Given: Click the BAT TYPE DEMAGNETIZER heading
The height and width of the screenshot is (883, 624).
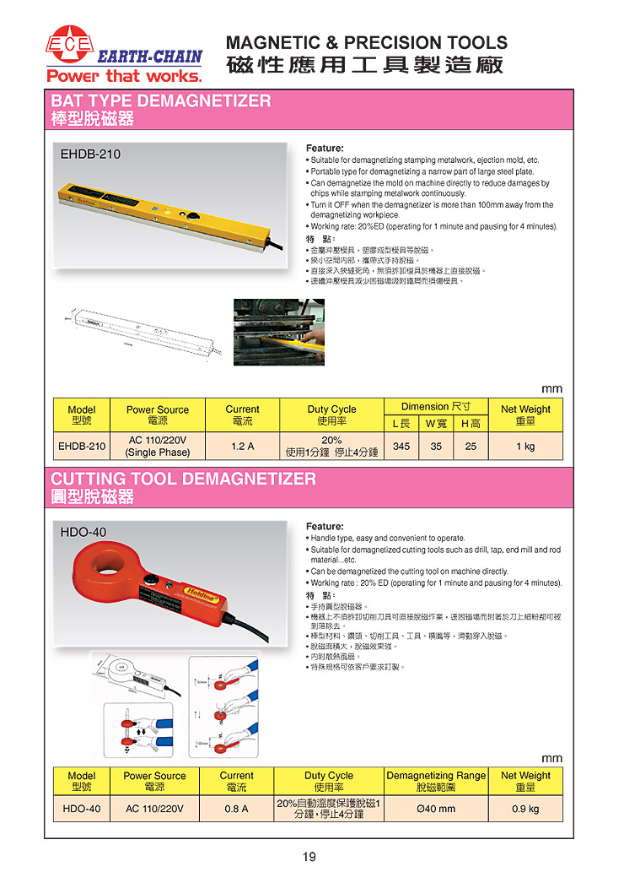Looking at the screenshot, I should coord(161,101).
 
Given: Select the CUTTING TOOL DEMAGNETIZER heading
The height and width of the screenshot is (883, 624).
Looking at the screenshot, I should coord(184,479).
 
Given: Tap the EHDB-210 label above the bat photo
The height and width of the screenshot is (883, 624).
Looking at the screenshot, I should coord(90,154).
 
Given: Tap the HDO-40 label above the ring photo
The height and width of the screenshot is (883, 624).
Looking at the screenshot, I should coord(83,532).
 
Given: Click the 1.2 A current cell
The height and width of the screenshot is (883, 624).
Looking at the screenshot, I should coord(242,446).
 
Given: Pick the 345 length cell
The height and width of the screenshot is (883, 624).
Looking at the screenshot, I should coord(401,446).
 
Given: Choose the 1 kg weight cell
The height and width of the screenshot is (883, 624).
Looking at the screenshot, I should coord(525,446).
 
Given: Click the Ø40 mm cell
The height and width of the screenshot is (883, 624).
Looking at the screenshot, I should coord(436,809).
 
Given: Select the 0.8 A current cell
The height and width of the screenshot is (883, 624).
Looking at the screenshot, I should coord(236,809).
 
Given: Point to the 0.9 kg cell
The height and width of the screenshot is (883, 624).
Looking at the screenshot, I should coord(525,809).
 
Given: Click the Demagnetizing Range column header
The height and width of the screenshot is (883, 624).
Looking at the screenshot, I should coord(436,781).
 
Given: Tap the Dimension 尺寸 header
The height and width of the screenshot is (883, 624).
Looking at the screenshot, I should coord(435,406).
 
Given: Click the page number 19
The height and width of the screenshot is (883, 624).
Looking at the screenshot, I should coord(309,858).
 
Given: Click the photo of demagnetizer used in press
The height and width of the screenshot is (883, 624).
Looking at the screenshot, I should coord(278,333).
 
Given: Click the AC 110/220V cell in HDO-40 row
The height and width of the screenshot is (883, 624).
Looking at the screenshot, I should coord(154,809).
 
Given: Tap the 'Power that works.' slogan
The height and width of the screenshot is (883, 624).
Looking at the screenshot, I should coord(124,77).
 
